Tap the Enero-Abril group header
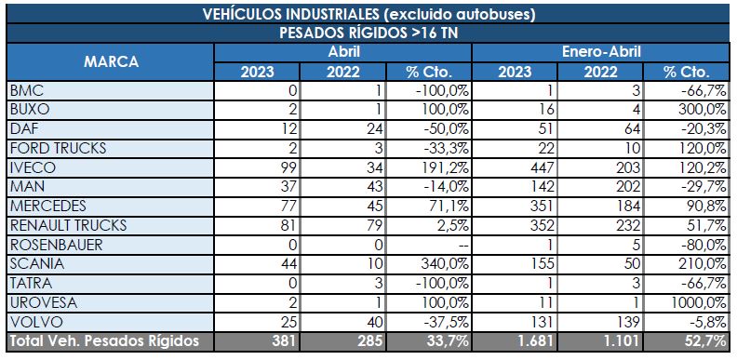pos(602,53)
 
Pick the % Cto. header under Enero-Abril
pos(688,72)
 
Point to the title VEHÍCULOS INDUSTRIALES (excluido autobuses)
pos(368,13)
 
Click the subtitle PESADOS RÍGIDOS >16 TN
pos(368,33)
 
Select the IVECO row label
pos(33,167)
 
